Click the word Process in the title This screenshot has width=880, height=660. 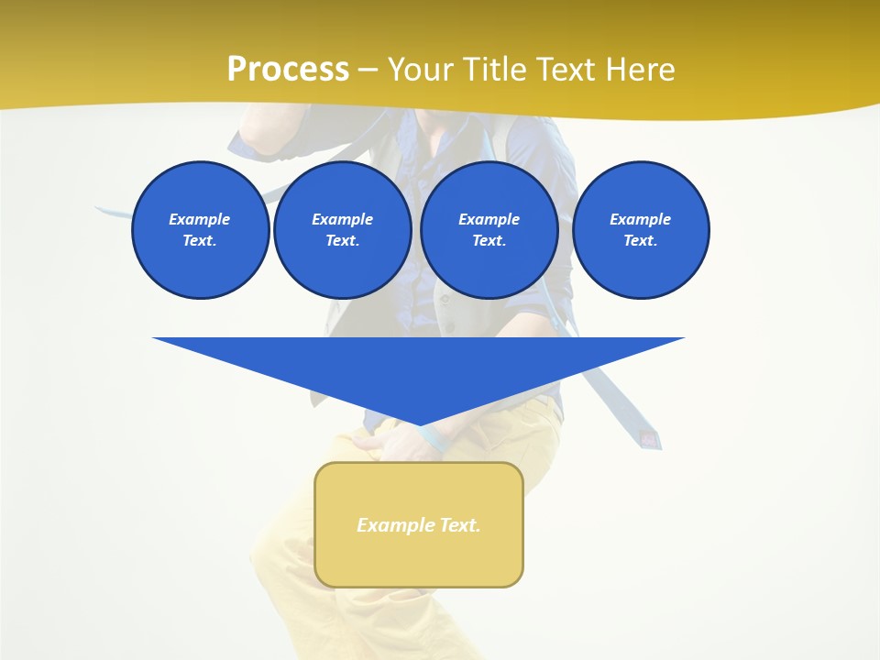pyautogui.click(x=288, y=69)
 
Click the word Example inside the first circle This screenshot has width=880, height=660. pyautogui.click(x=200, y=219)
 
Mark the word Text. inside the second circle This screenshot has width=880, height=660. pyautogui.click(x=342, y=241)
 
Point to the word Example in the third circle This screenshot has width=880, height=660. pyautogui.click(x=489, y=219)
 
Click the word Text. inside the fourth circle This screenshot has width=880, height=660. pyautogui.click(x=641, y=241)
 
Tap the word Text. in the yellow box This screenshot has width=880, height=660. pyautogui.click(x=460, y=525)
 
